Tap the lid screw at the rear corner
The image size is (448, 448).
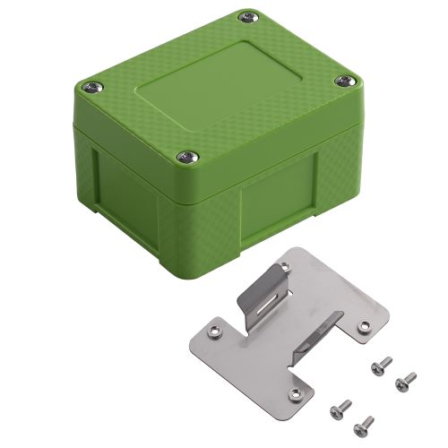(x=246, y=16)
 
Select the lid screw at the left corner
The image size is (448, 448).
(x=92, y=86)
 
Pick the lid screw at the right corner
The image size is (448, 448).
(x=344, y=82)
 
